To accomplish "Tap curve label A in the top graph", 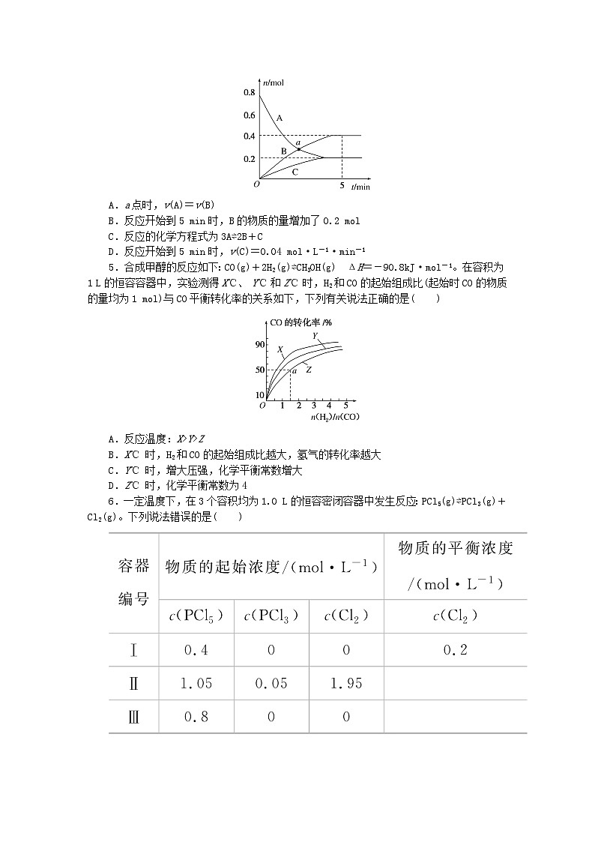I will (x=279, y=118).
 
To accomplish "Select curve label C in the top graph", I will (x=295, y=172).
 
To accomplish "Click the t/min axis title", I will (x=360, y=186).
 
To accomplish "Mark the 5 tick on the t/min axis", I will (x=342, y=185).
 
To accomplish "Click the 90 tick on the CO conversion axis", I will (x=260, y=345).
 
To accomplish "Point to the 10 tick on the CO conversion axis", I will (x=260, y=394).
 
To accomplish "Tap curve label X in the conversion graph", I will (x=280, y=349).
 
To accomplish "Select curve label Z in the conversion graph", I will (x=308, y=370).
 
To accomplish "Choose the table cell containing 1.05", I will (x=196, y=683).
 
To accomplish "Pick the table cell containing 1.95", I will (x=345, y=683).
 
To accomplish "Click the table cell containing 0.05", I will (x=271, y=683).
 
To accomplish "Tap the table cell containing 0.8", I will (x=196, y=717).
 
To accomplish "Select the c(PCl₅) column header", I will (x=196, y=616).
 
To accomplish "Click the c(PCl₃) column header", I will (x=271, y=616).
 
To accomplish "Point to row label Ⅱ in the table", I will (x=134, y=683).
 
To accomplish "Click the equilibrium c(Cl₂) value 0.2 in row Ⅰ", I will (x=455, y=650).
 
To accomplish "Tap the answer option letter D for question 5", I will (x=111, y=484).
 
